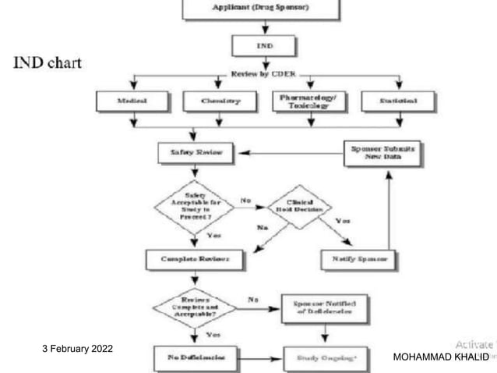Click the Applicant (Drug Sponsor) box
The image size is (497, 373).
click(261, 9)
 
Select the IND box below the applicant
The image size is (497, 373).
click(264, 46)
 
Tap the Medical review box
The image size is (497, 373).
click(132, 101)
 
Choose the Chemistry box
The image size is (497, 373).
click(220, 101)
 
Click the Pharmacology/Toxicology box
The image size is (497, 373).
click(310, 101)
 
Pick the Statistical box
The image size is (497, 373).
click(399, 101)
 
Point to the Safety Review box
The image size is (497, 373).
click(194, 153)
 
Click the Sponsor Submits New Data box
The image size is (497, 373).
click(382, 152)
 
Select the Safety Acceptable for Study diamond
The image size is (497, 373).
click(194, 206)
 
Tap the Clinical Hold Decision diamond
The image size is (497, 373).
click(299, 207)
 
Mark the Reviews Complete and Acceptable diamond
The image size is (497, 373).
click(194, 307)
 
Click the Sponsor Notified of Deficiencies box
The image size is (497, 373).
click(322, 307)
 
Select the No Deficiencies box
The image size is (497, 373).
click(194, 359)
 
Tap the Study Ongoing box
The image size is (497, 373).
click(323, 359)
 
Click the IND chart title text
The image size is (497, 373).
click(48, 62)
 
